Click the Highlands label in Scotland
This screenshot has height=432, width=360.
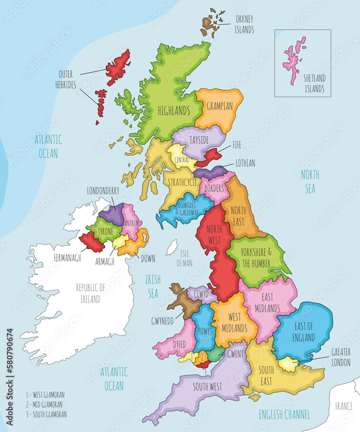(174, 111)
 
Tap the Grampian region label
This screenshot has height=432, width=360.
(220, 106)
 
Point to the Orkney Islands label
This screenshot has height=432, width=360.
(244, 25)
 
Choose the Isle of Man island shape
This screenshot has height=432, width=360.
(172, 248)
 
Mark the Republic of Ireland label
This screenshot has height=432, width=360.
(90, 293)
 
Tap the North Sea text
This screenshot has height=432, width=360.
(310, 181)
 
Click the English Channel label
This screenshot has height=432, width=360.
(284, 415)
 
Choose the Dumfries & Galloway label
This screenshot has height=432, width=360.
(184, 209)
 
